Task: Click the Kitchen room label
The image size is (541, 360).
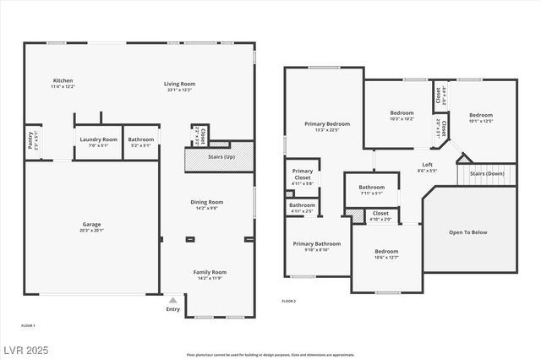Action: tap(63, 79)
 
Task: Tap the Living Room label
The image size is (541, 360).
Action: tap(179, 84)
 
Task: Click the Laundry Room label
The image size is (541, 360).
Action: tap(98, 139)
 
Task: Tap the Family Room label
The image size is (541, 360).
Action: tap(210, 272)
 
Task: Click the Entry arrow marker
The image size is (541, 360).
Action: tap(172, 299)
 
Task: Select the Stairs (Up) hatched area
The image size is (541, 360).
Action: tap(219, 158)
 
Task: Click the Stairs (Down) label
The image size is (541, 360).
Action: tap(487, 173)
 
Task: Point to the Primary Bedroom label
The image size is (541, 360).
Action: tap(327, 123)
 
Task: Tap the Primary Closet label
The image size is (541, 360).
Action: tap(302, 174)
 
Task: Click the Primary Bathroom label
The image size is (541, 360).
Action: tap(317, 244)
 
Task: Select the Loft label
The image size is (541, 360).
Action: tap(428, 165)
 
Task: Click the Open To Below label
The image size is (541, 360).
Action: tap(468, 232)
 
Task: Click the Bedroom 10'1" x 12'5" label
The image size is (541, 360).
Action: tap(480, 115)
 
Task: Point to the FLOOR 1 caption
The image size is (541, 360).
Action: tap(28, 325)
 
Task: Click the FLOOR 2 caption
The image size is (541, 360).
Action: tap(289, 301)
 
